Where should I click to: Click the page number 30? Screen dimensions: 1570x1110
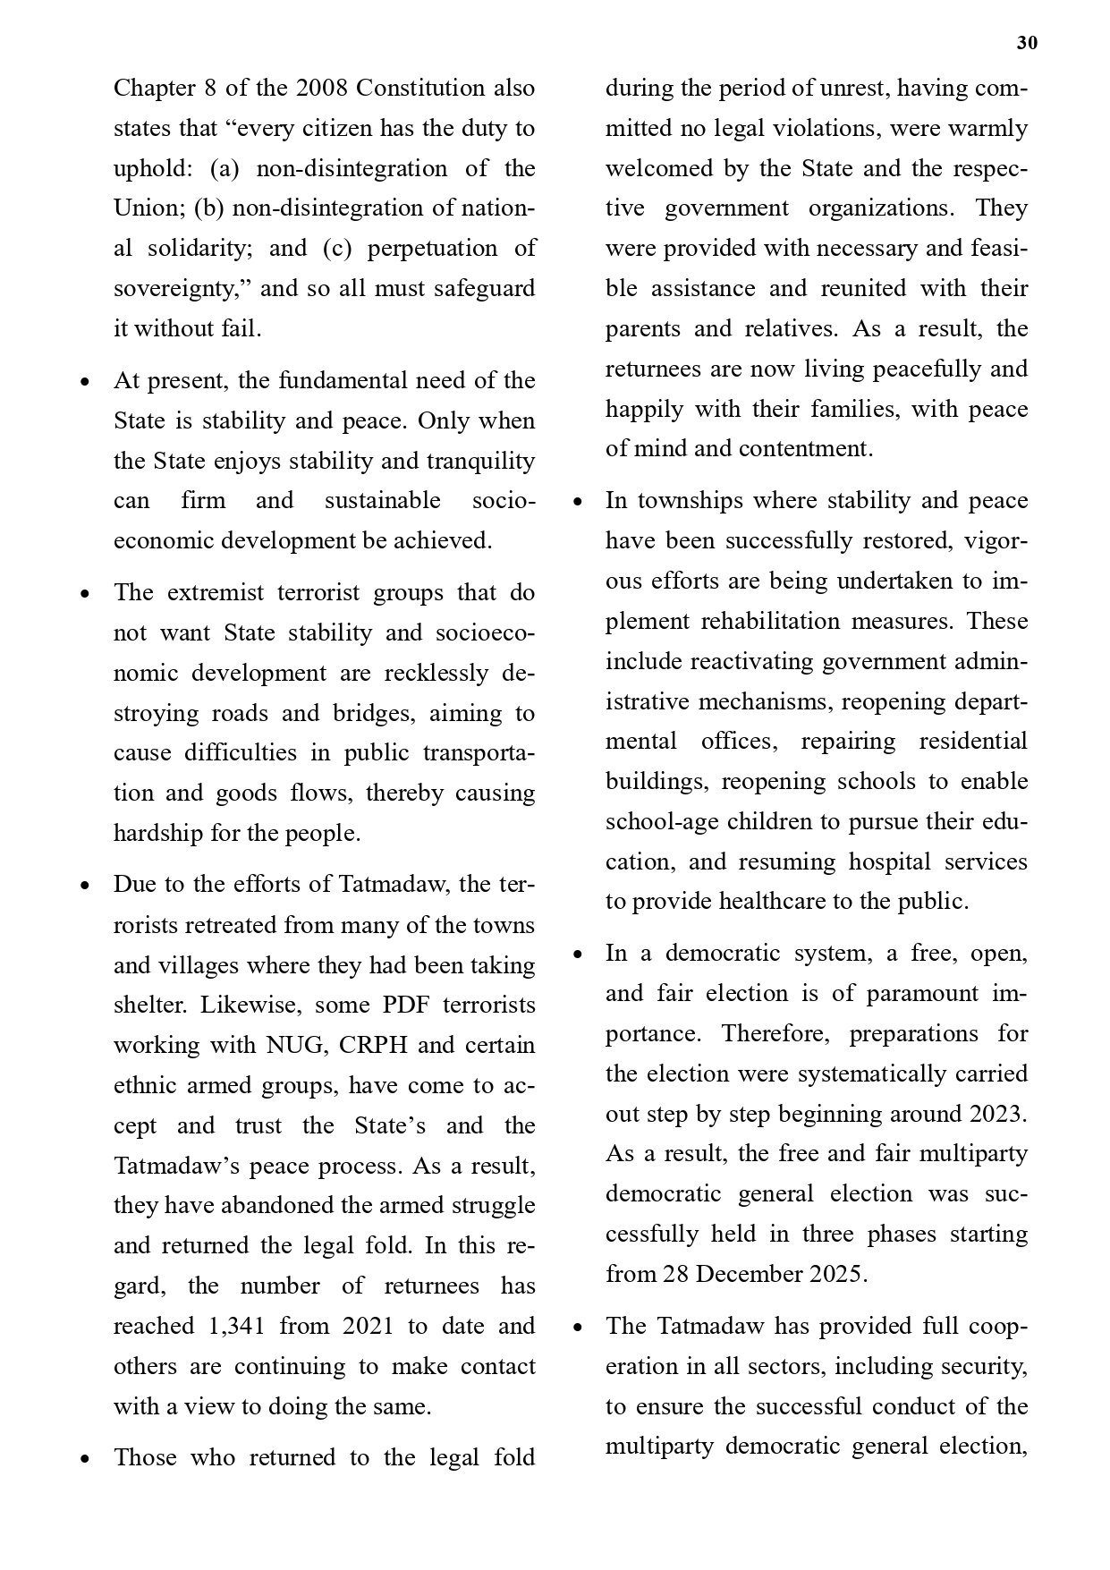(x=1027, y=43)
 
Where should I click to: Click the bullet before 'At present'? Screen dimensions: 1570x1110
(x=85, y=382)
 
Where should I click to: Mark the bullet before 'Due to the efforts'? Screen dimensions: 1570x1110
(x=85, y=886)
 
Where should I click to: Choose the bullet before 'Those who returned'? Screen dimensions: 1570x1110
(x=85, y=1459)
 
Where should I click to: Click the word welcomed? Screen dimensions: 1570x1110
(x=656, y=168)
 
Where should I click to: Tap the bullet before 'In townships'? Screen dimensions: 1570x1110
(x=578, y=502)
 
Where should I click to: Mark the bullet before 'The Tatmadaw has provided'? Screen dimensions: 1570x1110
(x=578, y=1328)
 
